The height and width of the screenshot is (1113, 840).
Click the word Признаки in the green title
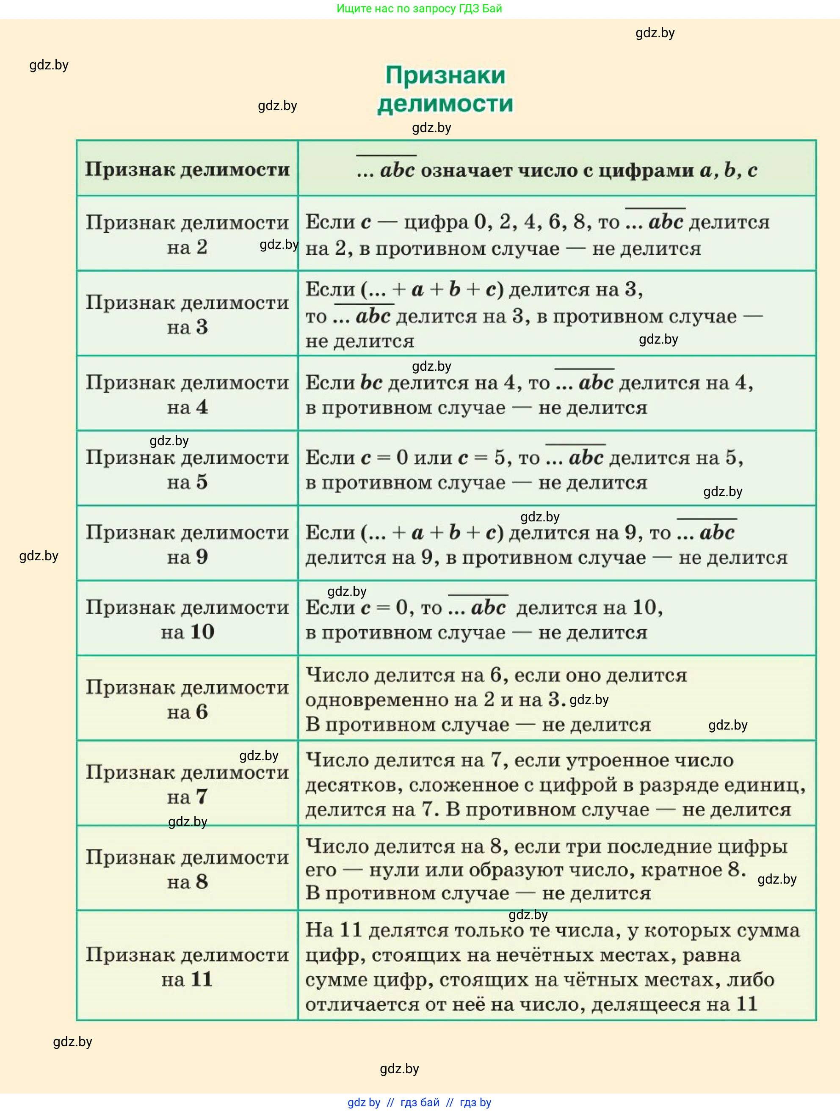(445, 75)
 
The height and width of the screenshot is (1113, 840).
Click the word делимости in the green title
(445, 104)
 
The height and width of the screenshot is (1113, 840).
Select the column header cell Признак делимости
(187, 169)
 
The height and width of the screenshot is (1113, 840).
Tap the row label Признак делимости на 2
(187, 234)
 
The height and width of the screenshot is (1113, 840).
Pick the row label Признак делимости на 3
(187, 314)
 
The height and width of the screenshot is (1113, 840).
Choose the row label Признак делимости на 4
(187, 394)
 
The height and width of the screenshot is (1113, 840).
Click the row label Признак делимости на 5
(187, 469)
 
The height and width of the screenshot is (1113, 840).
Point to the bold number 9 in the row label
(202, 556)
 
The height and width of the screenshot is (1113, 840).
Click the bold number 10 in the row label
(202, 631)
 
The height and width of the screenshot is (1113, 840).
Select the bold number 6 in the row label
(202, 711)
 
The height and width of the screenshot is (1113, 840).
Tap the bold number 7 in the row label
(202, 796)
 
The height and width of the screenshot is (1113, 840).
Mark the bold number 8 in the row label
(202, 881)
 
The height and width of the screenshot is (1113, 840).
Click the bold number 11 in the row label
(202, 979)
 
